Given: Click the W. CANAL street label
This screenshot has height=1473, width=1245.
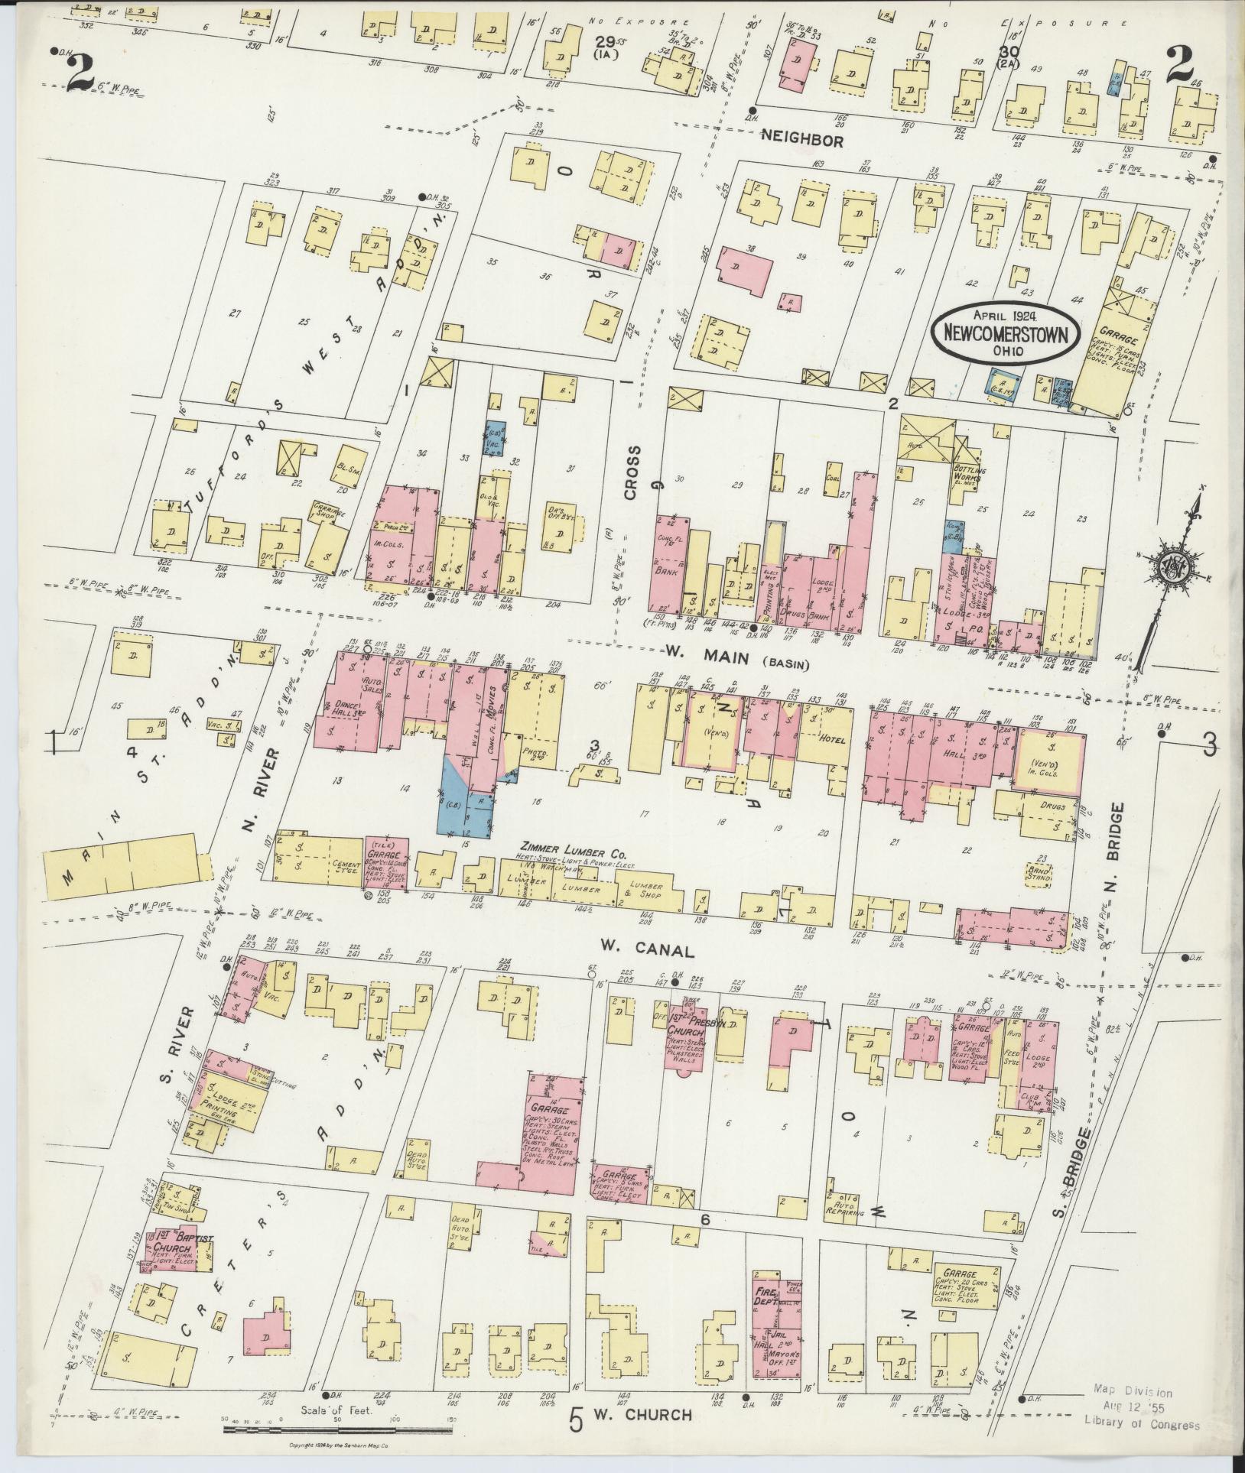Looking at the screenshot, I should pyautogui.click(x=646, y=951).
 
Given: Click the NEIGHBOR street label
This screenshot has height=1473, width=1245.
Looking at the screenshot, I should pyautogui.click(x=802, y=141).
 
